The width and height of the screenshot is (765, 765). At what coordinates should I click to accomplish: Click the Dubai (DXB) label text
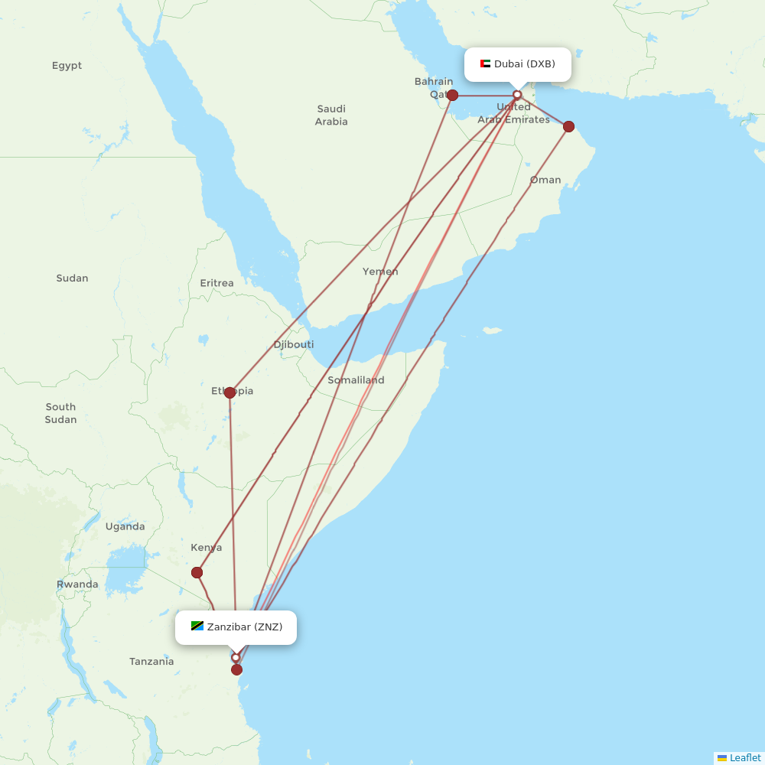pyautogui.click(x=525, y=63)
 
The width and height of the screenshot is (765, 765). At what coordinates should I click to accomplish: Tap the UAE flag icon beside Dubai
pyautogui.click(x=485, y=63)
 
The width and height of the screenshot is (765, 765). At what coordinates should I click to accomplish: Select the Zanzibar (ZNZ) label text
pyautogui.click(x=245, y=627)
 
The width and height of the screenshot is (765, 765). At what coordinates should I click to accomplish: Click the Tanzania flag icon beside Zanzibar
pyautogui.click(x=197, y=627)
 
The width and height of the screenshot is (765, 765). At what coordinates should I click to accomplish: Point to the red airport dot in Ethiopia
pyautogui.click(x=229, y=392)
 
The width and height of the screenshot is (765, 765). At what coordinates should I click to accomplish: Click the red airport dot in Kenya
pyautogui.click(x=197, y=572)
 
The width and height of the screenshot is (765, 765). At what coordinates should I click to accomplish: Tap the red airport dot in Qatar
pyautogui.click(x=452, y=95)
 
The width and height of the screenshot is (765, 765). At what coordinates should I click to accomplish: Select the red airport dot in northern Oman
pyautogui.click(x=568, y=126)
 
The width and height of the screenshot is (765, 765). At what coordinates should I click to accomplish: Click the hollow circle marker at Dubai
pyautogui.click(x=517, y=95)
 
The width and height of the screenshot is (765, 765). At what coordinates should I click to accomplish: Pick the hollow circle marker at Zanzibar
pyautogui.click(x=236, y=657)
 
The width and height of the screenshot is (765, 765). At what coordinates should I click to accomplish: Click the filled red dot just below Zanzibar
pyautogui.click(x=236, y=670)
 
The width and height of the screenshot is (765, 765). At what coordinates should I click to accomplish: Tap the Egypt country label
pyautogui.click(x=67, y=66)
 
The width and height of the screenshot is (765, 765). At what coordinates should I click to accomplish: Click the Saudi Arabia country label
pyautogui.click(x=331, y=116)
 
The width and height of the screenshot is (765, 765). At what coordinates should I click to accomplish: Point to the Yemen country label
pyautogui.click(x=380, y=272)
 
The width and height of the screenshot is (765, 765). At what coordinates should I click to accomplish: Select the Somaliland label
pyautogui.click(x=356, y=380)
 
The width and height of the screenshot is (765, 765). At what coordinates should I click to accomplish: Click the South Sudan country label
pyautogui.click(x=60, y=413)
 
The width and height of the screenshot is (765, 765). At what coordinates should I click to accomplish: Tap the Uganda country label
pyautogui.click(x=125, y=526)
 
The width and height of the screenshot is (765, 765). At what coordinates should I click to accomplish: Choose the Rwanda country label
pyautogui.click(x=77, y=584)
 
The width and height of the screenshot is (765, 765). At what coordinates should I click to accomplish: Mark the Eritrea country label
pyautogui.click(x=216, y=283)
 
